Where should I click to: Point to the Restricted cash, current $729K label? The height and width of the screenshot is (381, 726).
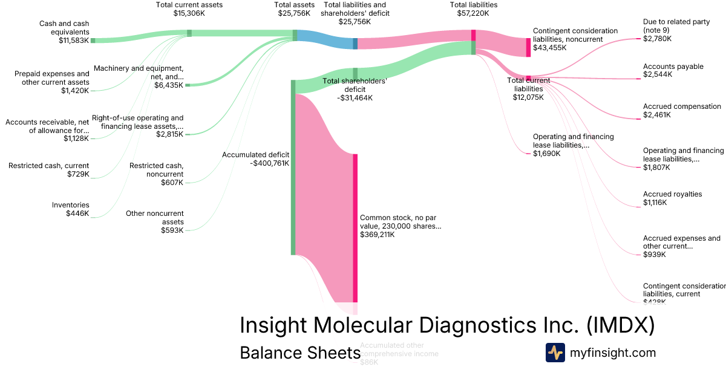pyautogui.click(x=49, y=170)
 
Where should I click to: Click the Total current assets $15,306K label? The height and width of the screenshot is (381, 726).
pyautogui.click(x=189, y=8)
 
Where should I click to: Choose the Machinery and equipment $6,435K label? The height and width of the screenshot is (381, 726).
pyautogui.click(x=139, y=77)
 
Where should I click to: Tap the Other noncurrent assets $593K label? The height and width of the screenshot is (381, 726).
pyautogui.click(x=155, y=221)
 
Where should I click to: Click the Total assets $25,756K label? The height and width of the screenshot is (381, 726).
pyautogui.click(x=295, y=8)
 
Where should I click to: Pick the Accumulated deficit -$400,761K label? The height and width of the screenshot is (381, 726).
pyautogui.click(x=255, y=158)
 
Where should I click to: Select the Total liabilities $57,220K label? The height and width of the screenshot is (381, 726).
pyautogui.click(x=474, y=8)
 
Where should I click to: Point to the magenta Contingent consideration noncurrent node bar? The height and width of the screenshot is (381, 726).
pyautogui.click(x=528, y=47)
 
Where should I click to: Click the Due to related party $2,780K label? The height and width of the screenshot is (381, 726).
pyautogui.click(x=676, y=30)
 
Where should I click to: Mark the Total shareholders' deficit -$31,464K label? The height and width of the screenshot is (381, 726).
pyautogui.click(x=355, y=89)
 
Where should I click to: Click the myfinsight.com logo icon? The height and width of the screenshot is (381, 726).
pyautogui.click(x=555, y=353)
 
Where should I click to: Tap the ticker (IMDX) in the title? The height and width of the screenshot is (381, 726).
pyautogui.click(x=621, y=325)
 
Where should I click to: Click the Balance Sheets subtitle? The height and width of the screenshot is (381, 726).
pyautogui.click(x=300, y=353)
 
